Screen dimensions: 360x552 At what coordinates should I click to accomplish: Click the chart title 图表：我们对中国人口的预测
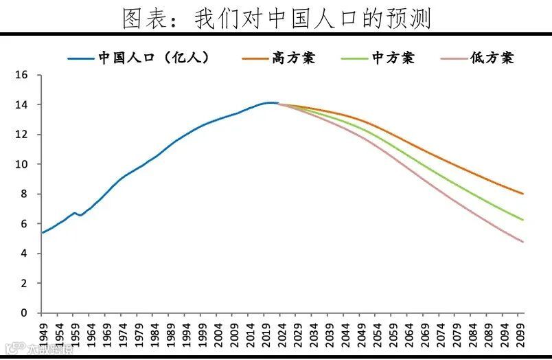[x=276, y=18]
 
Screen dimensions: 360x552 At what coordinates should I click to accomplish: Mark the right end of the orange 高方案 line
[x=523, y=194]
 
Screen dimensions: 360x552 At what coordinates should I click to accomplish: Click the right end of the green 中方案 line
[x=523, y=220]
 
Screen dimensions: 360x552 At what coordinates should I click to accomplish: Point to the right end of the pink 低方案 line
[x=523, y=242]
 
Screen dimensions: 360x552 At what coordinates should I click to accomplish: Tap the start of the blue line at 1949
[x=43, y=232]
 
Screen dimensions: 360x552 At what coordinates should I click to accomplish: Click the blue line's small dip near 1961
[x=80, y=215]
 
